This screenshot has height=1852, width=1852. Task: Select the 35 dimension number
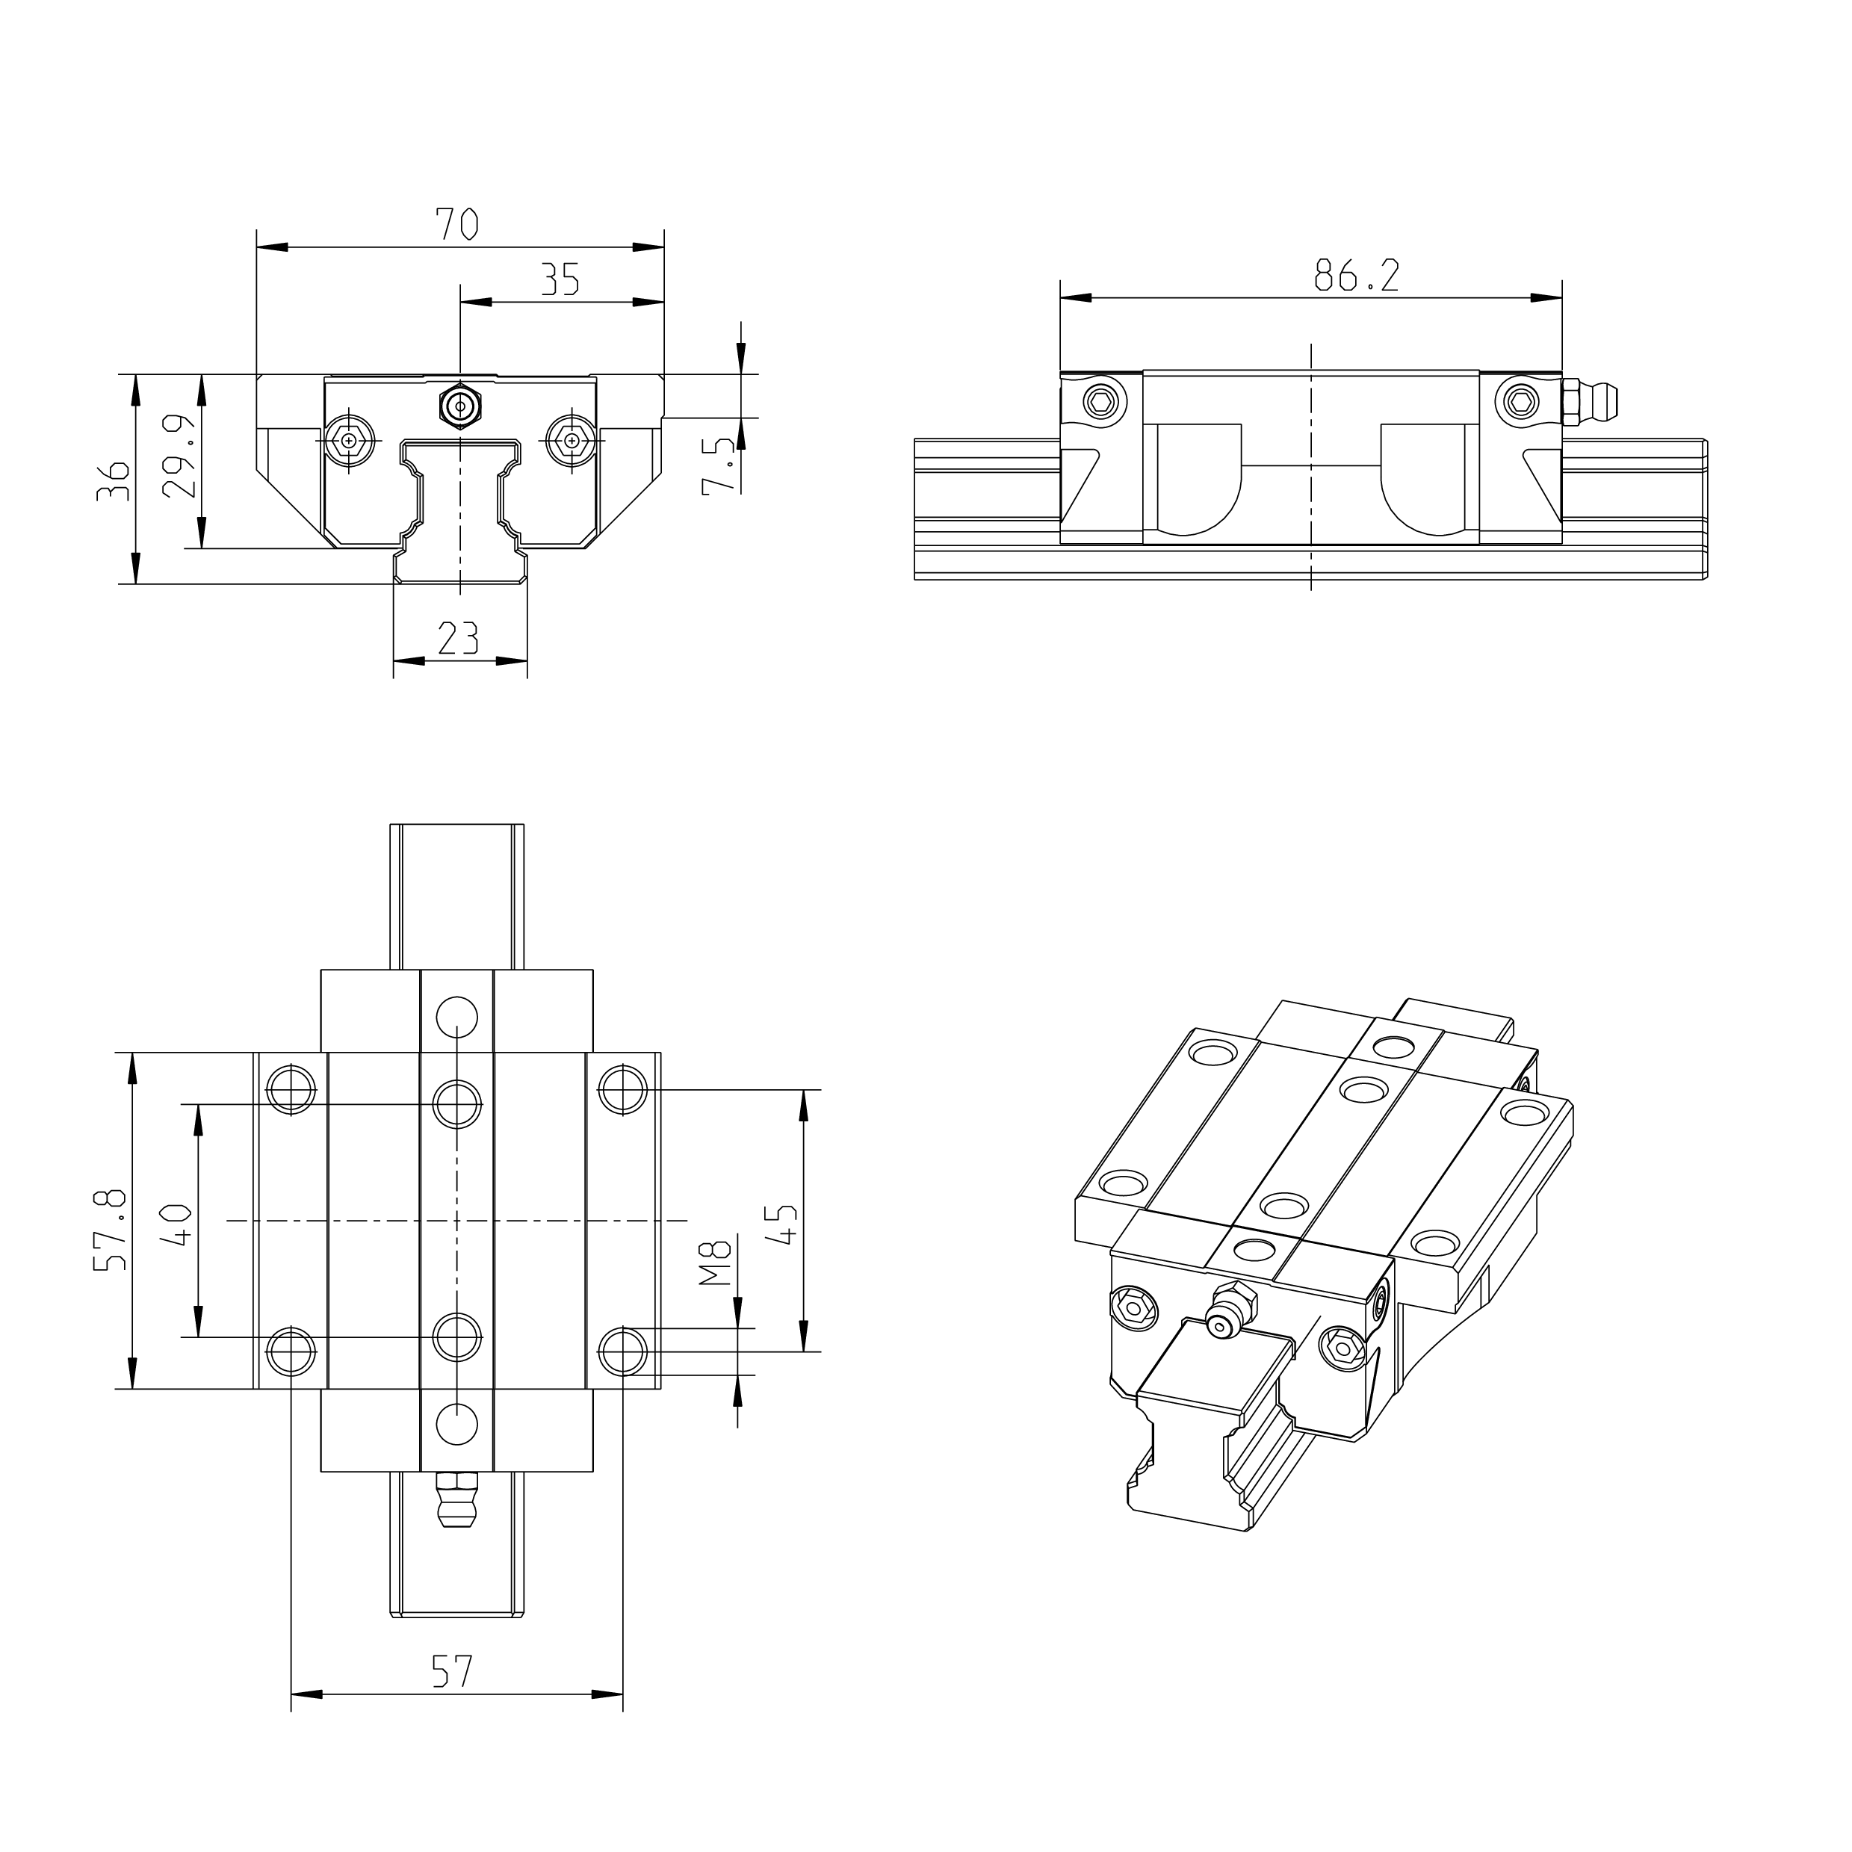[x=560, y=280]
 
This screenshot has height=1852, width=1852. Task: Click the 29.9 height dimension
[x=179, y=456]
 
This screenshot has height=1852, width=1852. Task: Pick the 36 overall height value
[x=113, y=481]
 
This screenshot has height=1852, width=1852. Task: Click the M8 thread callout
[x=715, y=1263]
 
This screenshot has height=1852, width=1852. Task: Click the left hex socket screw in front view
[x=348, y=440]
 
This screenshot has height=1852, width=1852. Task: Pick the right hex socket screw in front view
[x=572, y=440]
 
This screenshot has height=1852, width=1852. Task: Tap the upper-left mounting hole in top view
[x=291, y=1089]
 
